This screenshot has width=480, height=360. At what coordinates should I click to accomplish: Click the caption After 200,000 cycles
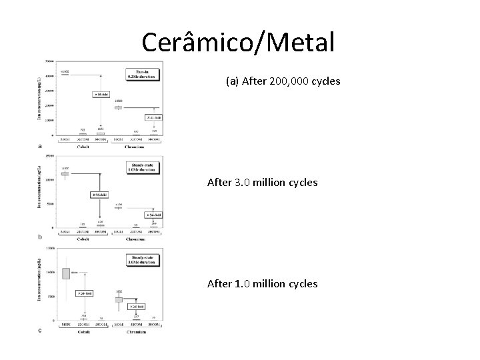283,81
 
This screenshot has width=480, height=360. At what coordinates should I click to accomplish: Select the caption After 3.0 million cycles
262,182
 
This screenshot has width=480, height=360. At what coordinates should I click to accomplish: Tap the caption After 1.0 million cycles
262,284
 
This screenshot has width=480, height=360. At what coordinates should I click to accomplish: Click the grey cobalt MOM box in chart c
65,273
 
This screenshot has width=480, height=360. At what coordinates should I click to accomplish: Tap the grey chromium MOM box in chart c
119,300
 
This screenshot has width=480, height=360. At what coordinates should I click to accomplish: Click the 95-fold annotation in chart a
101,95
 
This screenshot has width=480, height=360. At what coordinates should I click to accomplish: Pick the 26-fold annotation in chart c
138,307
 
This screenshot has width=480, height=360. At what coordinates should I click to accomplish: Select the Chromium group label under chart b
137,238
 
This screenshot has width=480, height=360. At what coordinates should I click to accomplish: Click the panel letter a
41,145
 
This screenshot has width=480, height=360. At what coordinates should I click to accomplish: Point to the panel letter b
41,237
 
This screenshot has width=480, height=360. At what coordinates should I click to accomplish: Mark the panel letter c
41,330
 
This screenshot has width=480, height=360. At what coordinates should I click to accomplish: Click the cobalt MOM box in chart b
65,173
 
